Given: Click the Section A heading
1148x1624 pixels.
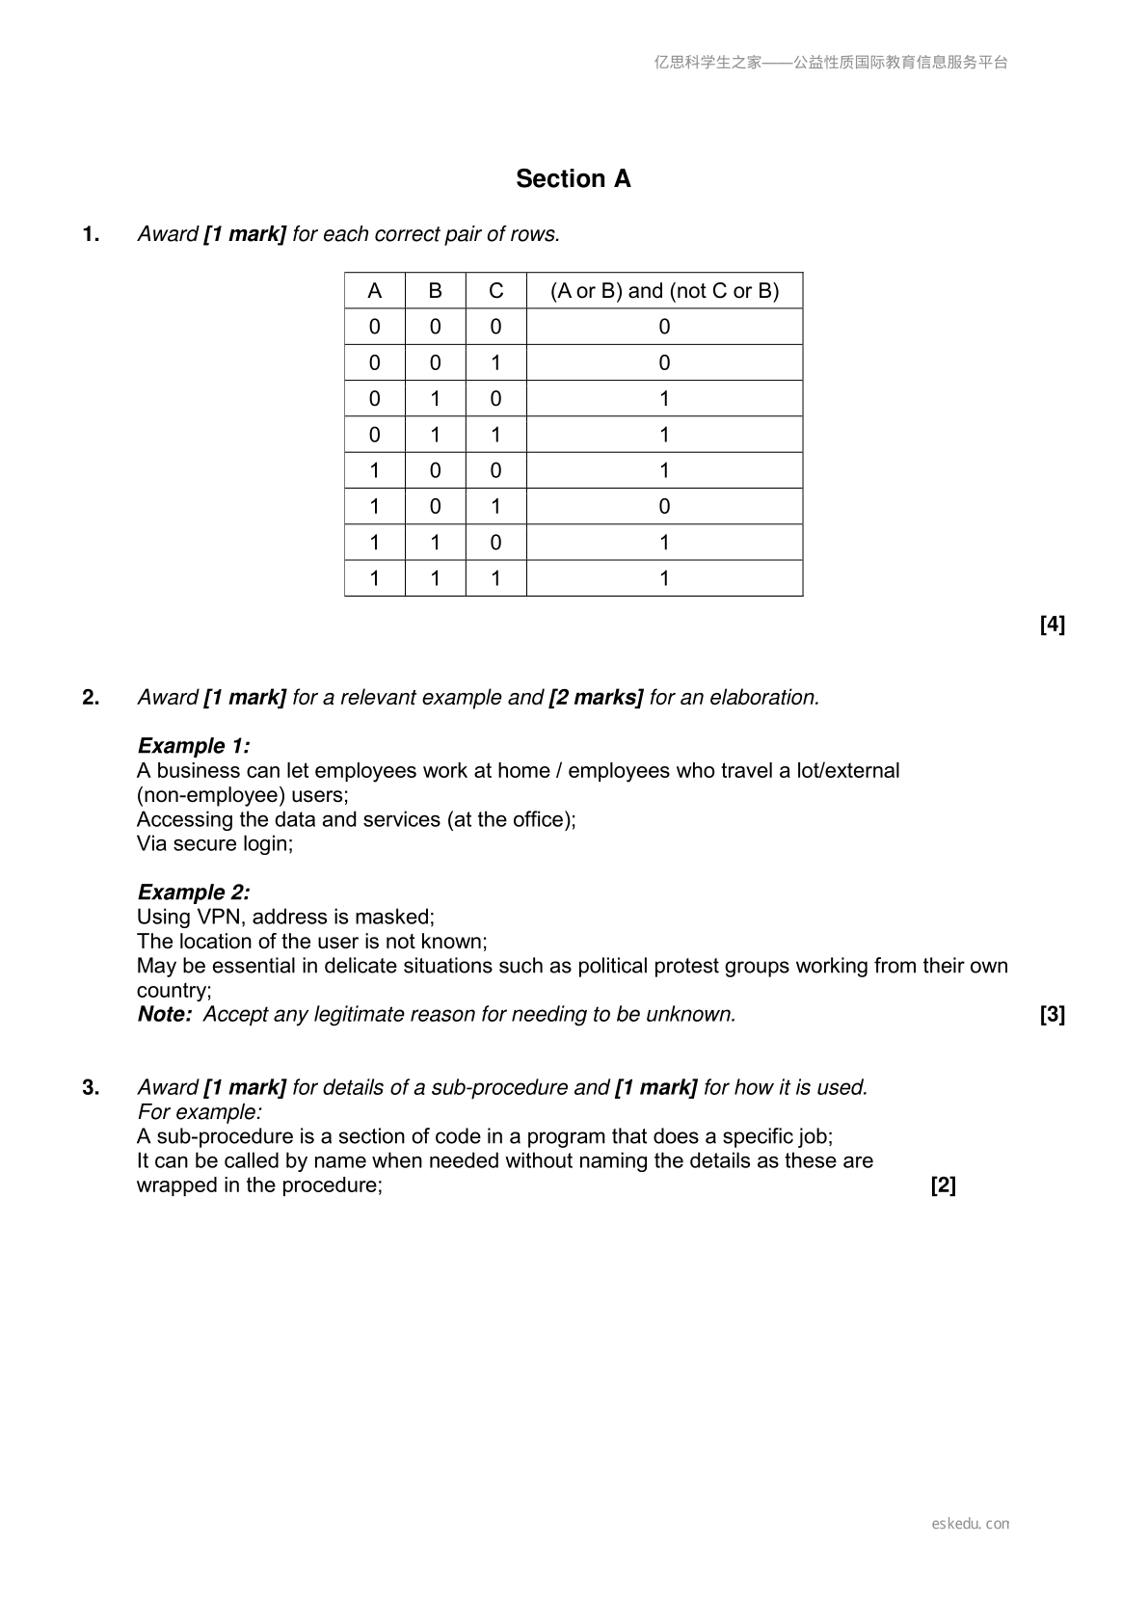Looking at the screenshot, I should [573, 178].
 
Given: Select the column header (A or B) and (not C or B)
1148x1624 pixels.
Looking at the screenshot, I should [664, 291].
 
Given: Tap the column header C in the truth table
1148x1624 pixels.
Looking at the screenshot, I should [495, 291].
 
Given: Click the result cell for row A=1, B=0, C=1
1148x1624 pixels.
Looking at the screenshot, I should [664, 507].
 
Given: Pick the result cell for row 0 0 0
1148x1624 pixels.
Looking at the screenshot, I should [664, 327].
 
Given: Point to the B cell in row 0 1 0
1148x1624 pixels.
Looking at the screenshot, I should [435, 399].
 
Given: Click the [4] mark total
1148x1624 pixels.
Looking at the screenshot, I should [1052, 625].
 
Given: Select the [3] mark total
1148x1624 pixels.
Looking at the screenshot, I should [1052, 1014].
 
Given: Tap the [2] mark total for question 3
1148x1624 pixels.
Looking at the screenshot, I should [943, 1185].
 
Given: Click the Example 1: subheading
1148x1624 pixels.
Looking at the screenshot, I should [194, 746].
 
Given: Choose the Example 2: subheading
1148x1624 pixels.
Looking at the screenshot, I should [194, 892].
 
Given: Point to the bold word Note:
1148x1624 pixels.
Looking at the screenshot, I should [165, 1014].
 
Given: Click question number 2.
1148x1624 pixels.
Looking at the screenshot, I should [91, 698].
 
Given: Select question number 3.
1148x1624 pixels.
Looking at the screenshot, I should [91, 1088].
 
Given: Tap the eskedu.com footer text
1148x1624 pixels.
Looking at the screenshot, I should [970, 1524].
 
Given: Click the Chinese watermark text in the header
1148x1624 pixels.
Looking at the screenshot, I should [831, 63].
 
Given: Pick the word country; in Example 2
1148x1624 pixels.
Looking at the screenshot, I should [174, 991].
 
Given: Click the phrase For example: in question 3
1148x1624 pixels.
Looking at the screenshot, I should [200, 1112].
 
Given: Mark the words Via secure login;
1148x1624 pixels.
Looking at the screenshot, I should [214, 844].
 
